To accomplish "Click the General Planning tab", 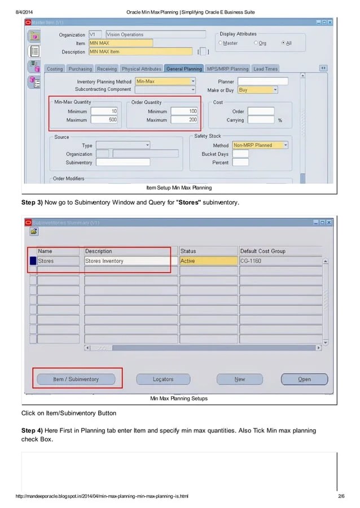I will [x=184, y=69].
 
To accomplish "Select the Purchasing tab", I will [x=80, y=69].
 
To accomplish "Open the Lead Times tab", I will [x=265, y=69].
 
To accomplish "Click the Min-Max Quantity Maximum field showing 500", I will [x=104, y=120].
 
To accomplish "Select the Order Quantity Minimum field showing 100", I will [x=184, y=111].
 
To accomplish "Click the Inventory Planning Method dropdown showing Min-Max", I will [x=165, y=81].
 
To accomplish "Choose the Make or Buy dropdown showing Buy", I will [x=257, y=90].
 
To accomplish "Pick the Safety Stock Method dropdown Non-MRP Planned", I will [x=260, y=145].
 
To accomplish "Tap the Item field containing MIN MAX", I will [x=120, y=43].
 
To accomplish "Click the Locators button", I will [x=163, y=379].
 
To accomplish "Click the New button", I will [x=239, y=379].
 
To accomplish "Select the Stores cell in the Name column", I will [x=58, y=261].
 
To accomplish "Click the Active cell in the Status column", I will [x=209, y=261].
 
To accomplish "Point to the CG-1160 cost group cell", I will [x=280, y=261].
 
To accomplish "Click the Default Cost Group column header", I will [x=280, y=251].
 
